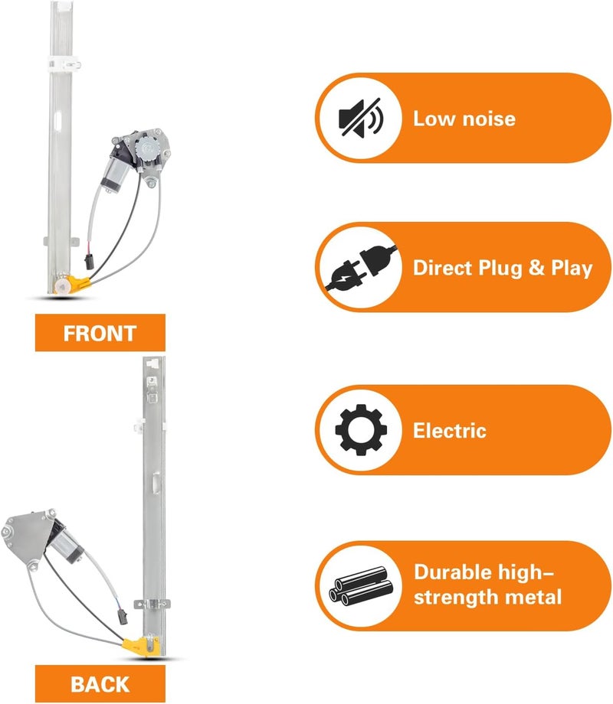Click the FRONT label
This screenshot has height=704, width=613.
[x=100, y=333]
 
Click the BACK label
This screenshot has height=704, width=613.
[x=100, y=684]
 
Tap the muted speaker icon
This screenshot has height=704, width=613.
[x=360, y=118]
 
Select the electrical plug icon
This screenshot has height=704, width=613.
[x=361, y=268]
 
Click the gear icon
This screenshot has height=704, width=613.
[x=361, y=430]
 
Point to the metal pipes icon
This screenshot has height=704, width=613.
[x=361, y=586]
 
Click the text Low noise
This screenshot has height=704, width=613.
[x=464, y=119]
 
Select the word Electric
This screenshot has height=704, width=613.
[x=450, y=430]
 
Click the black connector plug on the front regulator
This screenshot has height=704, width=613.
[x=89, y=261]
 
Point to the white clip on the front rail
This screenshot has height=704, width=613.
[x=63, y=64]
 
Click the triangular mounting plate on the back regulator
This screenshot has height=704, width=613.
[x=25, y=536]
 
